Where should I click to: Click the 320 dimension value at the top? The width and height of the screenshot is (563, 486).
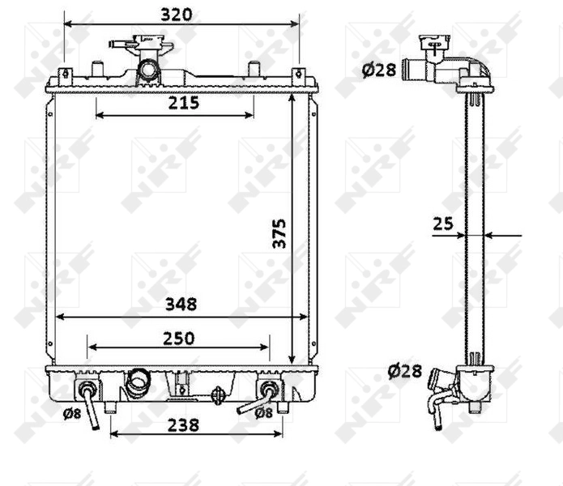click(x=177, y=14)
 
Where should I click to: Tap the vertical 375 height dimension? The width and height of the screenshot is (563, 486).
click(x=279, y=233)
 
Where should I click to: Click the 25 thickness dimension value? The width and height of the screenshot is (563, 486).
click(x=442, y=224)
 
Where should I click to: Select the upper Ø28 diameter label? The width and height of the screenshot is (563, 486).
click(x=378, y=70)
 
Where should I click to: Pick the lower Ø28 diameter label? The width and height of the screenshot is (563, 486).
click(x=404, y=372)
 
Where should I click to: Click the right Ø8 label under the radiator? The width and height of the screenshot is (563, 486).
click(x=263, y=412)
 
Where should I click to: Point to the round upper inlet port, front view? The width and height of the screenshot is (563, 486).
click(x=147, y=70)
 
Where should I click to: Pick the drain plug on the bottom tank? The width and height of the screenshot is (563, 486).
click(x=217, y=396)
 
